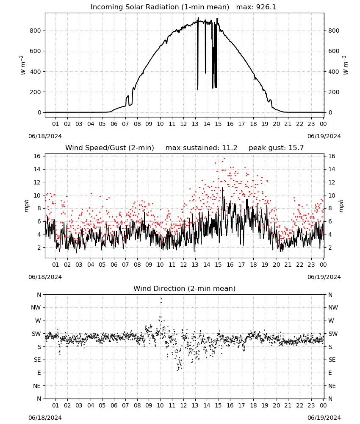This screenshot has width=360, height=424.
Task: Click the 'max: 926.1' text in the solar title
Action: (256, 7)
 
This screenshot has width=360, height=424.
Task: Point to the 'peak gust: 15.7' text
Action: (276, 148)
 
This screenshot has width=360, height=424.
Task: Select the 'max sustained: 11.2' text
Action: (201, 148)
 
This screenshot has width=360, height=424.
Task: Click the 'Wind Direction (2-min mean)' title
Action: (185, 288)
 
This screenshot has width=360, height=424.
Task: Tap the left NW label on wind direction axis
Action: (36, 307)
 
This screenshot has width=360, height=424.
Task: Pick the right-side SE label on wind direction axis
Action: (332, 360)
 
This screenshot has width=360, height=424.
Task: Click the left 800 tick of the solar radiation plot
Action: (36, 31)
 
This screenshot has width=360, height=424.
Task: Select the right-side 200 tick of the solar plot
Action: (334, 92)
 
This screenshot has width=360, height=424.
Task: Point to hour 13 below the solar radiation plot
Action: (195, 124)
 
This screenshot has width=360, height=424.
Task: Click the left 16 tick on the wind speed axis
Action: (37, 156)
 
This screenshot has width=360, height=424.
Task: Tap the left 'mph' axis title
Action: (26, 206)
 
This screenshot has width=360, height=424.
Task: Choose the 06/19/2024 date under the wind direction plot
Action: (324, 418)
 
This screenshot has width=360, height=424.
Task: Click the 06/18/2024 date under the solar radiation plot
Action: (45, 136)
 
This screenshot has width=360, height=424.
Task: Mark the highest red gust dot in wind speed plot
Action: (224, 159)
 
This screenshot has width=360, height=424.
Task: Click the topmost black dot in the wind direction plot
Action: (161, 299)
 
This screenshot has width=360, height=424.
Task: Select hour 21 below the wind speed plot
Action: (288, 265)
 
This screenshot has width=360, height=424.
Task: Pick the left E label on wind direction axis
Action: (39, 373)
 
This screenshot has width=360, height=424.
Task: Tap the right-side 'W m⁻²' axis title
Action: (346, 65)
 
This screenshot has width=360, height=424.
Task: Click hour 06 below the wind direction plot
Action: (114, 406)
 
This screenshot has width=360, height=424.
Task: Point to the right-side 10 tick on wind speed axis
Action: (332, 195)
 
